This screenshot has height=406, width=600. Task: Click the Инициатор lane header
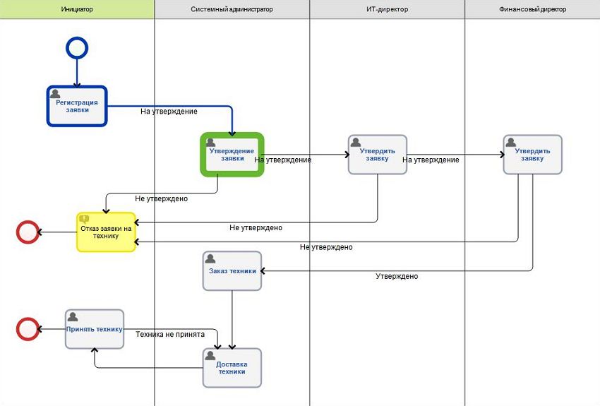click(x=77, y=9)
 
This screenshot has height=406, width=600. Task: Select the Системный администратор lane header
click(x=232, y=9)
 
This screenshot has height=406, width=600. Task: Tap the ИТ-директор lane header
click(x=387, y=9)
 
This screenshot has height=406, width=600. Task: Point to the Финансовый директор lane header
click(x=532, y=9)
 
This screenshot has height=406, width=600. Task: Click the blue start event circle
click(x=77, y=48)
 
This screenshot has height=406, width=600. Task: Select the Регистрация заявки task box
click(x=77, y=106)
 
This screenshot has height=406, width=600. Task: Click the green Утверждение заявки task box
click(x=232, y=154)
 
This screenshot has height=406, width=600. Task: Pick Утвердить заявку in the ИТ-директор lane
click(x=378, y=155)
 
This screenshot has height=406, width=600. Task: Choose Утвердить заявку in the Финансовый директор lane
click(x=533, y=155)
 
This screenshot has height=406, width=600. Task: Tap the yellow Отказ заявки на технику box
click(x=106, y=232)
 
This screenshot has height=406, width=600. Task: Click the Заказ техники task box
click(x=232, y=271)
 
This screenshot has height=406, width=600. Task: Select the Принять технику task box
click(x=95, y=329)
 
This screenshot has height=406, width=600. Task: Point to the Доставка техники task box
click(x=232, y=368)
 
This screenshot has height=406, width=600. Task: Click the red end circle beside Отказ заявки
click(x=28, y=232)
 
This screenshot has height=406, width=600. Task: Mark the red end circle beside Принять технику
click(x=28, y=329)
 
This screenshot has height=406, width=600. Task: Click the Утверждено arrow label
click(x=396, y=276)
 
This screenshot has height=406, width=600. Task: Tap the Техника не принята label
click(x=170, y=334)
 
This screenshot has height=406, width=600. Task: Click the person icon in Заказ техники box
click(x=211, y=258)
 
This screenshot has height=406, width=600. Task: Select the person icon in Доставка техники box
click(x=211, y=356)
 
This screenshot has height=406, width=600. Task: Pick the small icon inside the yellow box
click(x=85, y=219)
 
